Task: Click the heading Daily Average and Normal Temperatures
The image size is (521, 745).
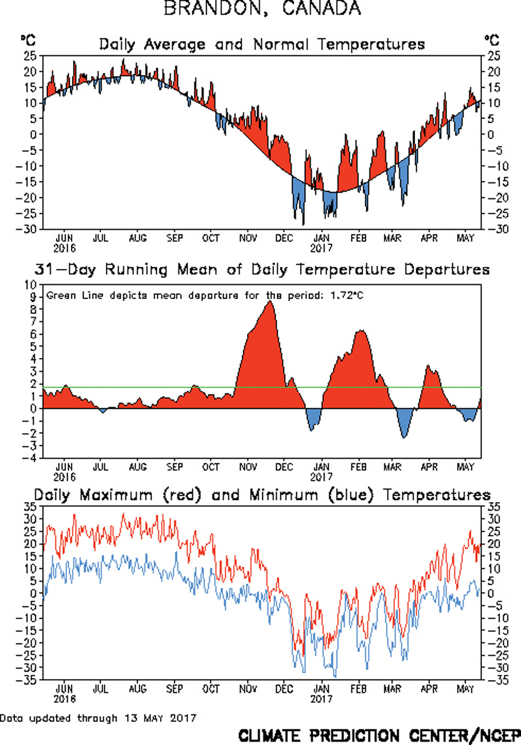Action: click(262, 44)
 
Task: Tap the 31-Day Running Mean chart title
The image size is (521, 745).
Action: click(262, 269)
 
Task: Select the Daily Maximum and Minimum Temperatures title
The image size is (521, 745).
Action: click(262, 495)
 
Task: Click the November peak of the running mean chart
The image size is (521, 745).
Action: click(269, 302)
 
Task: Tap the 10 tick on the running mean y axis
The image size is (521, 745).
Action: click(31, 285)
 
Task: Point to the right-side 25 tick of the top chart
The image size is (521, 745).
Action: click(493, 56)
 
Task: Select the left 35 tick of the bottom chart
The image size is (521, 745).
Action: click(30, 507)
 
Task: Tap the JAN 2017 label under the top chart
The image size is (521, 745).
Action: click(321, 243)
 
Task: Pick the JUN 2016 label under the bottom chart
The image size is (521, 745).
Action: click(64, 693)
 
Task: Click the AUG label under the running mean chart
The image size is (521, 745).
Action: click(138, 467)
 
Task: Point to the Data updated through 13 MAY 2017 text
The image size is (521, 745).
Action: click(98, 718)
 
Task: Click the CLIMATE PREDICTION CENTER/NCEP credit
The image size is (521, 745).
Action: click(379, 736)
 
